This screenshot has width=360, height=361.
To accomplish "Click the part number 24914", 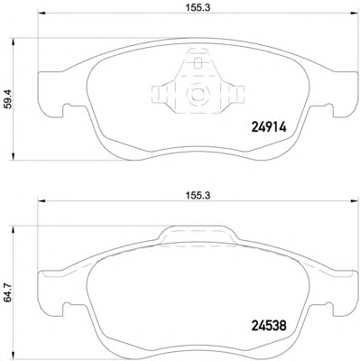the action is [x=269, y=128].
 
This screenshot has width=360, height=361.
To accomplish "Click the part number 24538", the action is [x=269, y=326].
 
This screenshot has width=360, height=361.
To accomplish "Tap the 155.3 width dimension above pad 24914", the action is [x=197, y=8].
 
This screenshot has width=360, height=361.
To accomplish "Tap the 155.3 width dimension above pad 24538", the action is [x=197, y=196].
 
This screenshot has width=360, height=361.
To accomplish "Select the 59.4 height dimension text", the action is [x=8, y=98].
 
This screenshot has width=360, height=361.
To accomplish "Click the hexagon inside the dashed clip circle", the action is [x=197, y=94].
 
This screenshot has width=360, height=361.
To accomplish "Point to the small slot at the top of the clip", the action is [x=198, y=63].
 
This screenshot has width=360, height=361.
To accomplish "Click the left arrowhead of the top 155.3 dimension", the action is [x=41, y=13].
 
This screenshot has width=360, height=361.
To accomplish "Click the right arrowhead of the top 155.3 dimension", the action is [x=353, y=13].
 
